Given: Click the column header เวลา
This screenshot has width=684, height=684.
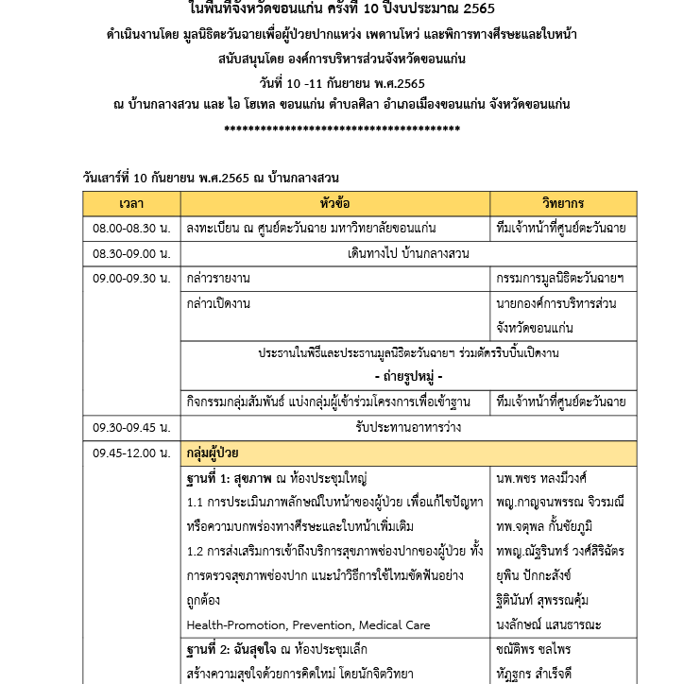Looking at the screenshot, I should click(131, 203).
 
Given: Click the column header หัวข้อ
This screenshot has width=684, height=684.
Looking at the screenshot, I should click(335, 203).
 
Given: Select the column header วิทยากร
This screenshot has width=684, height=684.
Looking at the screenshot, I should click(563, 203).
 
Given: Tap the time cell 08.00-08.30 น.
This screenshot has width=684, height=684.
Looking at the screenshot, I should click(131, 229).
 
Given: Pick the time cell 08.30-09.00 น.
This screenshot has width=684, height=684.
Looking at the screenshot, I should click(131, 254).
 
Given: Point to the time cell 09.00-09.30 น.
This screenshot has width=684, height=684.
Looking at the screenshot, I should click(131, 279).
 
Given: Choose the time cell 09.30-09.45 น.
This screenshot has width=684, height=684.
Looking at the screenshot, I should click(131, 427).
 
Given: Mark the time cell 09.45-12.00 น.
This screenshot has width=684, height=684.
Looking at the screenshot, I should click(131, 453).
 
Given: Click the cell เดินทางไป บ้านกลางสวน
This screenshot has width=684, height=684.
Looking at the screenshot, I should click(409, 254).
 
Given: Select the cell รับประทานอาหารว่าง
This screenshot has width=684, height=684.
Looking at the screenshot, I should click(409, 427).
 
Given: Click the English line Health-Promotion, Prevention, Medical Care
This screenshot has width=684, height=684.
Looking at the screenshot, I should click(308, 624).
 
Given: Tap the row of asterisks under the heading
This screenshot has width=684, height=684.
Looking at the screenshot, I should click(341, 128).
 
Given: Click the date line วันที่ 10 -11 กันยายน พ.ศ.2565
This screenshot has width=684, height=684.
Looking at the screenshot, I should click(342, 82).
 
